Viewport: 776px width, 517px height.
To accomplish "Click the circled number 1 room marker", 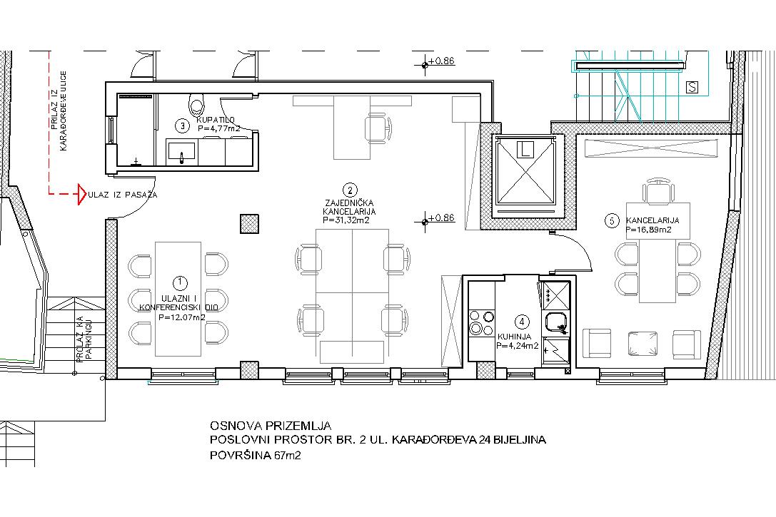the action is point(180,282).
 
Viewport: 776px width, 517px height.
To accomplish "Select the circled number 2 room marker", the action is point(350,190).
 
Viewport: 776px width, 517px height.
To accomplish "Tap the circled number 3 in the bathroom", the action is point(183,126).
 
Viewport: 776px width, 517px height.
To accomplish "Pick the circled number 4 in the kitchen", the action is point(522,322).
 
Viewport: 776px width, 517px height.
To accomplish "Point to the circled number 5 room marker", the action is point(613,221).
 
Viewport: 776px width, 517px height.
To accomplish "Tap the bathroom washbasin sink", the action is point(181,153).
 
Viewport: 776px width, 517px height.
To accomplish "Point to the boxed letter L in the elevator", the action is point(525,149).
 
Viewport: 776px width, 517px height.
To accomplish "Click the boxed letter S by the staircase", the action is point(692,88).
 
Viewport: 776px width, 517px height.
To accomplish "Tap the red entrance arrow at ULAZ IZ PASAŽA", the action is point(81,194).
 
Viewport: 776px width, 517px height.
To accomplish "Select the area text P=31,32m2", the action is point(346,220).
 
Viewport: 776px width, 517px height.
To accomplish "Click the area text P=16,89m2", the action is point(649,230).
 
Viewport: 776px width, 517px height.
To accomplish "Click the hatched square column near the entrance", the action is point(249,223).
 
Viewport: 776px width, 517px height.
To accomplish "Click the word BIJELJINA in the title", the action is point(523,439).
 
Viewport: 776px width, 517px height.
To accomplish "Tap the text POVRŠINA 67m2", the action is point(255,455).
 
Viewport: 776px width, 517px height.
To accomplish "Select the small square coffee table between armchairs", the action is point(643,343).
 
